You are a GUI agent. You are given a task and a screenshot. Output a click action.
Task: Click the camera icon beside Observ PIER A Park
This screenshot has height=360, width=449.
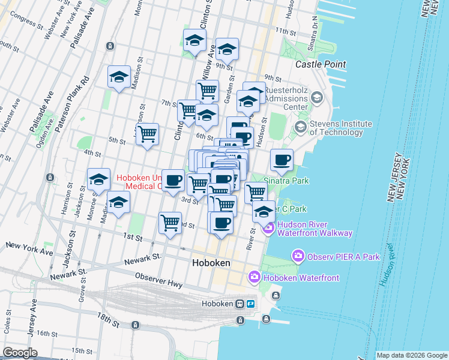tap(298, 257)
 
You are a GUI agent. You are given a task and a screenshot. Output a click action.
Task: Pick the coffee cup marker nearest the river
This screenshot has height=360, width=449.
tap(282, 160)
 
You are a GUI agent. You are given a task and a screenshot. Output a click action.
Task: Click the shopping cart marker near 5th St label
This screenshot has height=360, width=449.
tap(147, 134)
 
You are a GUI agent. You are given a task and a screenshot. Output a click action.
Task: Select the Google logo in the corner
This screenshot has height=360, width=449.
tap(20, 353)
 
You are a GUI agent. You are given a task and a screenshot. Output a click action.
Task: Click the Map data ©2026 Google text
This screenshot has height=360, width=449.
tap(412, 355)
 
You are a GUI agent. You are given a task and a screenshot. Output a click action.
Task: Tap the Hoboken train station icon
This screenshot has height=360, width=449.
tap(240, 304)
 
